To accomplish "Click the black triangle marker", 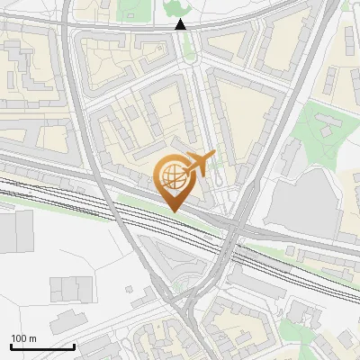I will pos(181,24).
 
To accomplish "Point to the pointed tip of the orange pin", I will pos(173,210).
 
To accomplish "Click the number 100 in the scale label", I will pos(19,338).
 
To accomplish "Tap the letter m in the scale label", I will pos(32,338).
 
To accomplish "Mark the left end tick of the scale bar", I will pos(11,346).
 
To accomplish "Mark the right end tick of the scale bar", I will pos(74,346).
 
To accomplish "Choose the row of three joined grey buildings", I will pos(67,289).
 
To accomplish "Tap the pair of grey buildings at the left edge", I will pos(11,232).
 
